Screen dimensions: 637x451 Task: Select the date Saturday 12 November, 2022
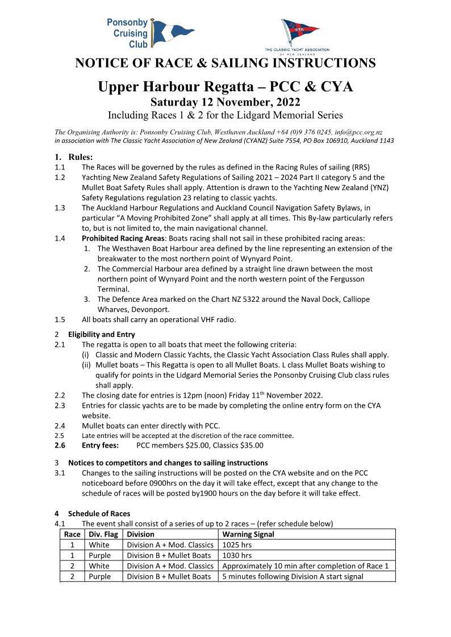point(225,102)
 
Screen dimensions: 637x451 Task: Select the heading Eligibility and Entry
point(102,334)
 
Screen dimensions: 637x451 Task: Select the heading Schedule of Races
point(99,513)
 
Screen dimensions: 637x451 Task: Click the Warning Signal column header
point(248,534)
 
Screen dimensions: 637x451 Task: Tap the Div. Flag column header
point(103,534)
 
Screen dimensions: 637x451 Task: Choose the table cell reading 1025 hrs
point(237,545)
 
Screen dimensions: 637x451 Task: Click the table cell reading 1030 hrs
point(237,555)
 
